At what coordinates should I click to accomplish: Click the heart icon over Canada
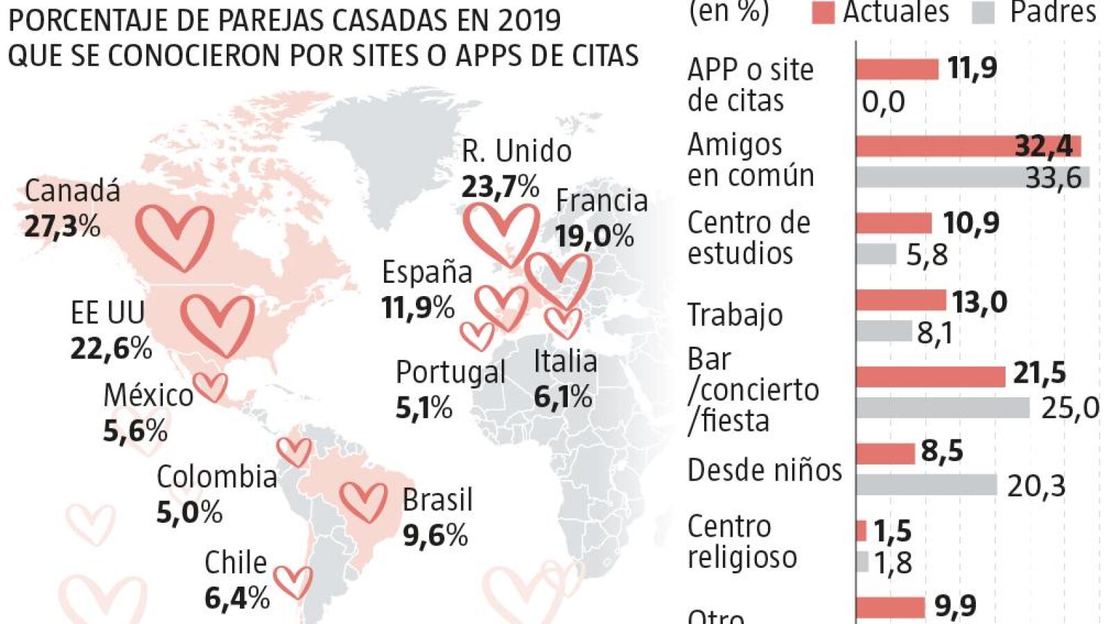coord(174,237)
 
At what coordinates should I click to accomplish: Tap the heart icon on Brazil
coord(363,502)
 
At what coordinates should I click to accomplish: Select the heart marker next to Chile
coord(292,582)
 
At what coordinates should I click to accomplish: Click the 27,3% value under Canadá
coord(62,226)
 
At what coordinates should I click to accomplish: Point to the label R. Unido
coord(516,151)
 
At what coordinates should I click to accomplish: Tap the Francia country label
coord(602,201)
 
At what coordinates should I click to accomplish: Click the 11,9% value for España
coord(418,307)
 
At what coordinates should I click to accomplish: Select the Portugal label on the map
coord(451,372)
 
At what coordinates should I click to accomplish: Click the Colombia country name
coord(217,477)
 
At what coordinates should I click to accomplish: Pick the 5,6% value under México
coord(136,431)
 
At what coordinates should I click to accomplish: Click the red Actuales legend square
coord(823,12)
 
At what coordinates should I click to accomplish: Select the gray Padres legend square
coord(984,12)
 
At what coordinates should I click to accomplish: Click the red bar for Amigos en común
coord(968,146)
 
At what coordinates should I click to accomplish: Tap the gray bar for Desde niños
coord(926,485)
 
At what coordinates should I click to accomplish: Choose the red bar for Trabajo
coord(900,300)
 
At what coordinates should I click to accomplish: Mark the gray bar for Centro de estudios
coord(876,254)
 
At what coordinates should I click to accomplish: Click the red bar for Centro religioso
coord(861,531)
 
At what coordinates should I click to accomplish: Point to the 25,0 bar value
coord(1069,408)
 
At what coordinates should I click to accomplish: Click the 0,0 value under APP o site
coord(883,102)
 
